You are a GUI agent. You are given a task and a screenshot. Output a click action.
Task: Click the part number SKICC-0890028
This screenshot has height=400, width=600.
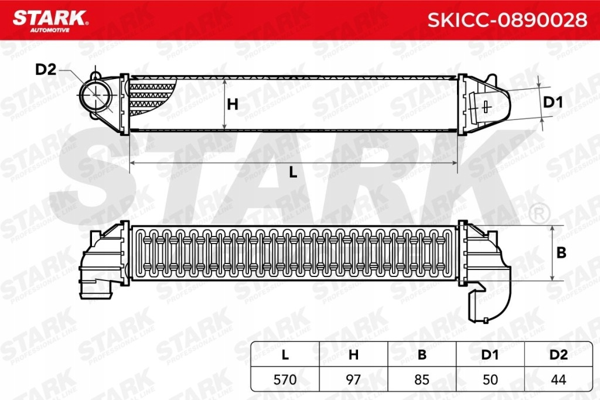pyautogui.click(x=507, y=19)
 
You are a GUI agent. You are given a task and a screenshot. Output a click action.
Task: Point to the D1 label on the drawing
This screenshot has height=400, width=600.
pyautogui.click(x=553, y=103)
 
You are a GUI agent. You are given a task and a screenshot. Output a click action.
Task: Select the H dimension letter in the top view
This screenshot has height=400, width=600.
pyautogui.click(x=233, y=105)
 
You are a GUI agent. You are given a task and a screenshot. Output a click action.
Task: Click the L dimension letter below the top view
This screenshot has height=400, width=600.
pyautogui.click(x=293, y=173)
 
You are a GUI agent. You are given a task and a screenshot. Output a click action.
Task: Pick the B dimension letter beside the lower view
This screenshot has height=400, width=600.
pyautogui.click(x=561, y=253)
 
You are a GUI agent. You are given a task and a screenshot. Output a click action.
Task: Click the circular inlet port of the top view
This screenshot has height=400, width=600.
pyautogui.click(x=95, y=96)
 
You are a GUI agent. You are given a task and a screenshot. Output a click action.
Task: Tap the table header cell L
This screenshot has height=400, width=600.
pyautogui.click(x=285, y=355)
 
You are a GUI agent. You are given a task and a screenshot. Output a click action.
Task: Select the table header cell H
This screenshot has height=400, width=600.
pyautogui.click(x=353, y=355)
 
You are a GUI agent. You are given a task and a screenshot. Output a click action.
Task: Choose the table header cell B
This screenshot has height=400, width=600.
pyautogui.click(x=422, y=355)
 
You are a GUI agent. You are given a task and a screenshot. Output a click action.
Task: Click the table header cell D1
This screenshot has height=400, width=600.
pyautogui.click(x=490, y=355)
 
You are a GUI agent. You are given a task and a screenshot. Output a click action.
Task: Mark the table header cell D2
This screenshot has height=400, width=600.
pyautogui.click(x=559, y=355)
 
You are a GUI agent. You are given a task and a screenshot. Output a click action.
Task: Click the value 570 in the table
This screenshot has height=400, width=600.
pyautogui.click(x=285, y=380)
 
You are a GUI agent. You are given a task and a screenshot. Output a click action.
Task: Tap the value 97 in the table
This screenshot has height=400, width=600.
pyautogui.click(x=353, y=380)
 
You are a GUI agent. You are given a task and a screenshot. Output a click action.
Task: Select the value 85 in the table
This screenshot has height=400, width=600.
pyautogui.click(x=422, y=380)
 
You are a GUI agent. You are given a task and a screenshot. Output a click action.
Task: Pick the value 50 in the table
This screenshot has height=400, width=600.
pyautogui.click(x=490, y=380)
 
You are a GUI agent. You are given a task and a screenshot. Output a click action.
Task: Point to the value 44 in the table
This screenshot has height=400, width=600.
pyautogui.click(x=559, y=380)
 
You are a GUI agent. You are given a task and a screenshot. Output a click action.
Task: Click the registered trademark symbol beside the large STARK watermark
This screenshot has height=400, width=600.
pyautogui.click(x=538, y=211)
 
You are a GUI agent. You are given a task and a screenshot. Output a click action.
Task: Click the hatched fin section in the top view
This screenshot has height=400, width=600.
pyautogui.click(x=151, y=97)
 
